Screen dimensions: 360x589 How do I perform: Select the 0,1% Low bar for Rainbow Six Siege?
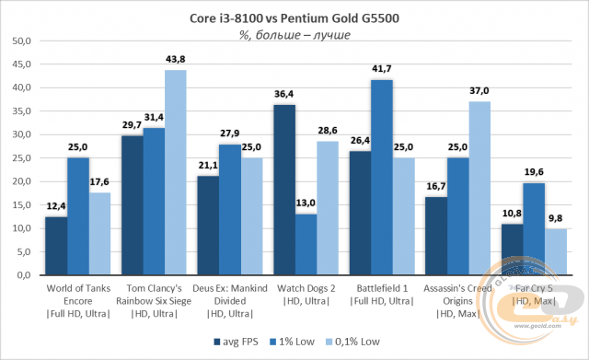pyautogui.click(x=175, y=172)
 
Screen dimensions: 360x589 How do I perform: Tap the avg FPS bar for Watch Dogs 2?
pyautogui.click(x=284, y=190)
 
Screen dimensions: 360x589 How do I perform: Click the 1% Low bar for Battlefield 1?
pyautogui.click(x=382, y=177)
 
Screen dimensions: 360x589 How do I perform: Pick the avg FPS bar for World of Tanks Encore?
pyautogui.click(x=56, y=246)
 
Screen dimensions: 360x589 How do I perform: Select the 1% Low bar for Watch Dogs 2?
pyautogui.click(x=306, y=244)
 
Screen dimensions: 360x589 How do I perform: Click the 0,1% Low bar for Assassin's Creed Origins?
pyautogui.click(x=479, y=188)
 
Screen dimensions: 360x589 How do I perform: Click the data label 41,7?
pyautogui.click(x=382, y=70)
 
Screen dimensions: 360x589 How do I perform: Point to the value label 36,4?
pyautogui.click(x=284, y=95)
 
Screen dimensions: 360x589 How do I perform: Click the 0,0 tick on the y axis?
pyautogui.click(x=23, y=275)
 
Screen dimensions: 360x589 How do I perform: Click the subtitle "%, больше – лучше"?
pyautogui.click(x=294, y=35)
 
